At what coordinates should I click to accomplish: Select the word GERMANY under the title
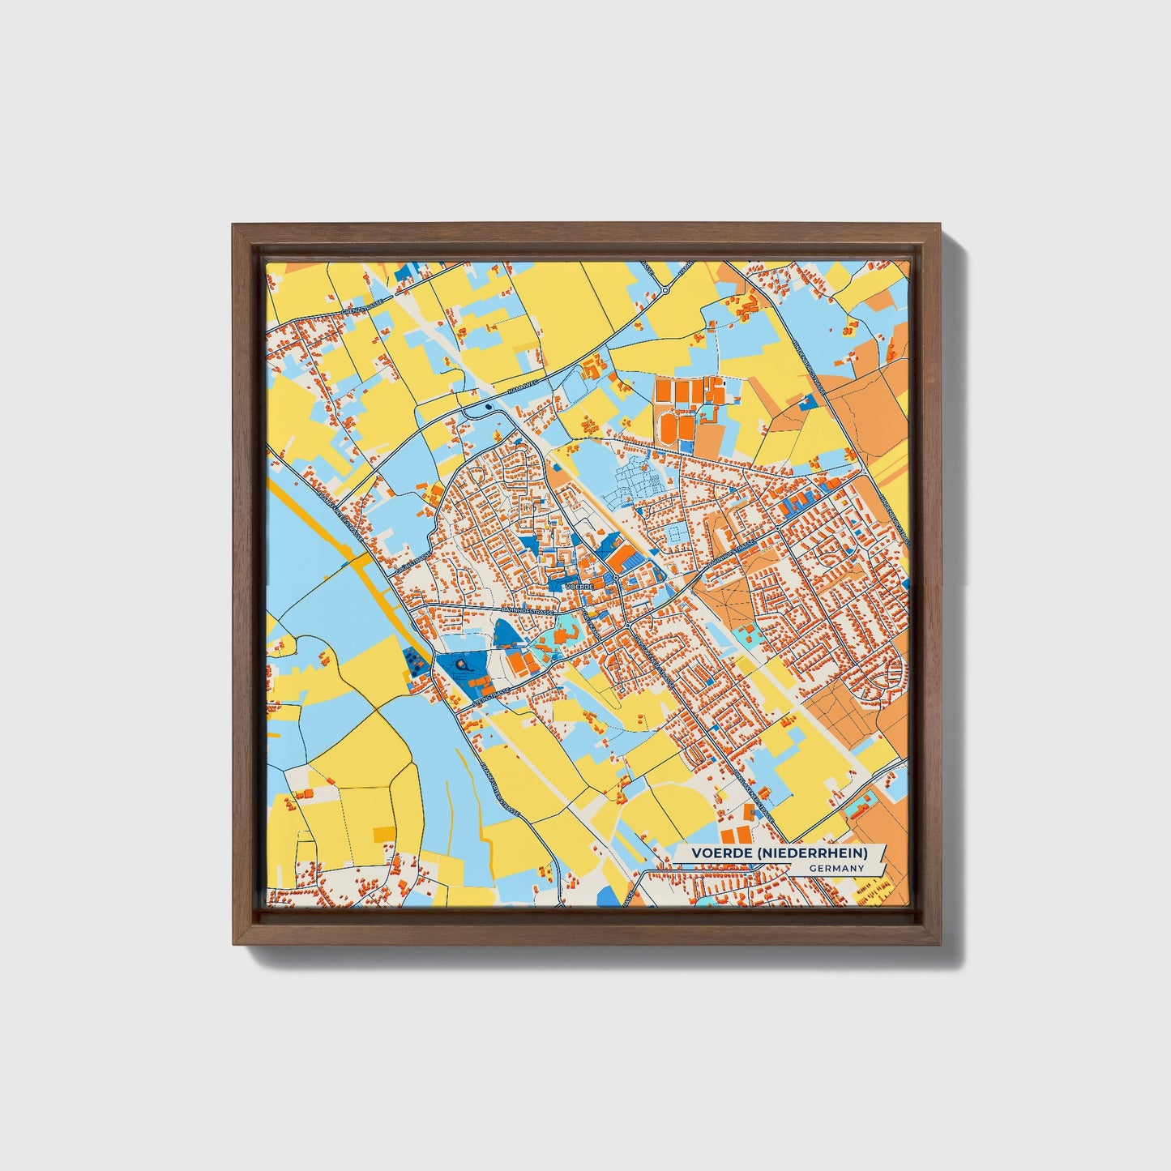(x=836, y=868)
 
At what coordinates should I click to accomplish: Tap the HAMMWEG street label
(x=518, y=391)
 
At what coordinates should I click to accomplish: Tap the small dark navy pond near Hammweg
(x=488, y=407)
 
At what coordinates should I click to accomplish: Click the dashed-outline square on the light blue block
(x=673, y=534)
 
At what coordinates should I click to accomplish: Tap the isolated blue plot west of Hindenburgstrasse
(x=806, y=403)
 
